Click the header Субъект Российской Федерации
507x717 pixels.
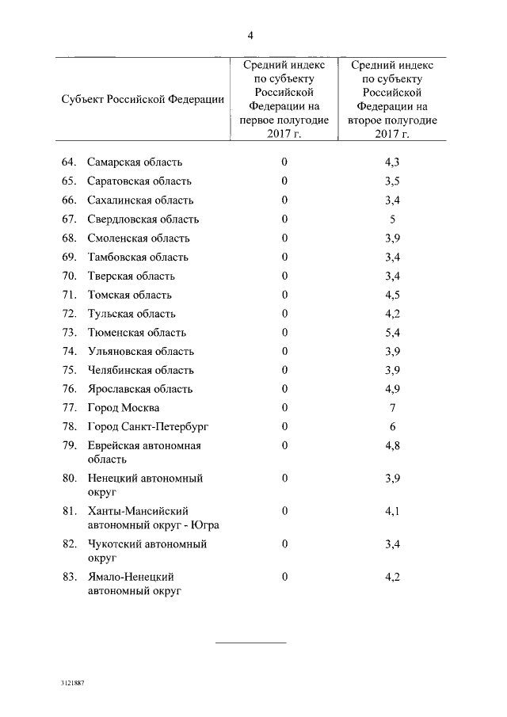143,100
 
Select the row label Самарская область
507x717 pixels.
135,162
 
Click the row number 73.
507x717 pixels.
69,333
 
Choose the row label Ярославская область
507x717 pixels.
140,389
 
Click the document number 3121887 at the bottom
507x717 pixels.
71,681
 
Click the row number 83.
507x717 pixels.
69,577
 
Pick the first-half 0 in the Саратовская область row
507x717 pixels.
284,181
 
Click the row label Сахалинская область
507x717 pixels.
140,200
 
